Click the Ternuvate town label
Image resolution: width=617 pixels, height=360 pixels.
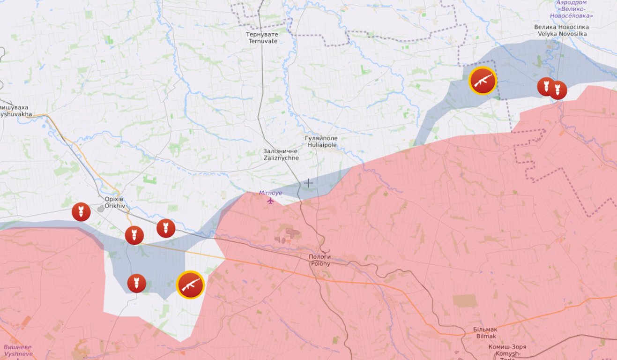point(262,37)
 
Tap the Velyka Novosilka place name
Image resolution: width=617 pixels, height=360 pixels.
point(561,30)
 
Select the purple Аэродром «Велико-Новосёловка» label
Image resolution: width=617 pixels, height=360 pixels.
point(574,9)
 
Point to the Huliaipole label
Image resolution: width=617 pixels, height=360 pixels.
point(322,142)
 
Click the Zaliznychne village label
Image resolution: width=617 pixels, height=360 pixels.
point(281,155)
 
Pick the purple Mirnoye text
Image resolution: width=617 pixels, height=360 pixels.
point(271,193)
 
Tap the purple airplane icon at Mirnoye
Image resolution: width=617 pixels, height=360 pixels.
point(270,201)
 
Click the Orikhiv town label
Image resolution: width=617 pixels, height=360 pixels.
point(114,202)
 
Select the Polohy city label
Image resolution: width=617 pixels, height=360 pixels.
point(320,260)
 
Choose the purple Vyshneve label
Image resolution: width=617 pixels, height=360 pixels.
point(18,351)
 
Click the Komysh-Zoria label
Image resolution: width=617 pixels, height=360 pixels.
point(507,350)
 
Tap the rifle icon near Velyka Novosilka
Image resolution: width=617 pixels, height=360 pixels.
point(483,80)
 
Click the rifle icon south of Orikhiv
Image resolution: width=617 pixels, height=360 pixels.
point(190,285)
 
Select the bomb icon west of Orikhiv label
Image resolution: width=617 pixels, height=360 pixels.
point(81,212)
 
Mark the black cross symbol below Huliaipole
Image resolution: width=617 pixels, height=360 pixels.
point(309,183)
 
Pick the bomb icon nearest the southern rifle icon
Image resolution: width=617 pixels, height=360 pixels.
point(137,283)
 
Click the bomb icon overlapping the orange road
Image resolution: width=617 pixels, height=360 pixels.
point(134,235)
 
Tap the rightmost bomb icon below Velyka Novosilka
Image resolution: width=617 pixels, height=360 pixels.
point(558,90)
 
